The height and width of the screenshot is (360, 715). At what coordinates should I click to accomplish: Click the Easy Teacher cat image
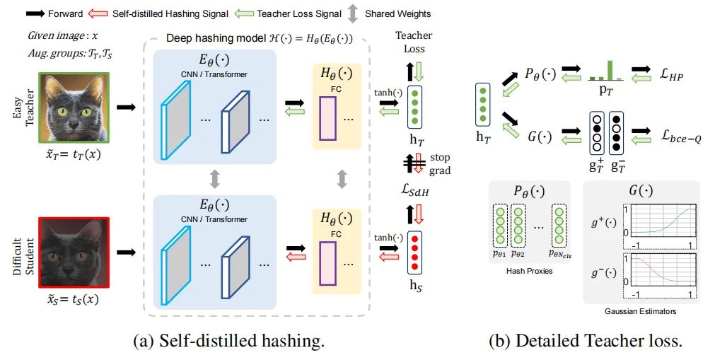click(74, 108)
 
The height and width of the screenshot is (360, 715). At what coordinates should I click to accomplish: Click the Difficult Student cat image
click(74, 252)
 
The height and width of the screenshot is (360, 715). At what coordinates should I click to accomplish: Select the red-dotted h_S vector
click(415, 252)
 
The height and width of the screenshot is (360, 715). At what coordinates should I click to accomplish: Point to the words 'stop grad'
click(440, 164)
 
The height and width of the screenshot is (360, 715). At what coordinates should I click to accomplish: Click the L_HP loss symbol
click(671, 74)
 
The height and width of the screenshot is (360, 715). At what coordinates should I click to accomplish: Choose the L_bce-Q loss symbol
click(681, 136)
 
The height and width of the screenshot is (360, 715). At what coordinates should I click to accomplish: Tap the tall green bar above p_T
click(610, 70)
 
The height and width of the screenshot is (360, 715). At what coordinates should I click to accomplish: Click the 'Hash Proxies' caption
click(529, 271)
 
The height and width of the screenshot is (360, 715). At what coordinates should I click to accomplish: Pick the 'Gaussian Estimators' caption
click(640, 311)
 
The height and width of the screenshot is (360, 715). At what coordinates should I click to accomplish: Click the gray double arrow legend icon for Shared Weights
click(352, 13)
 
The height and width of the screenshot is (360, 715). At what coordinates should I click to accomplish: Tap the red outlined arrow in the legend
click(98, 13)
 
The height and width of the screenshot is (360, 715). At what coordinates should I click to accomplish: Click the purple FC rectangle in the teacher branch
click(327, 119)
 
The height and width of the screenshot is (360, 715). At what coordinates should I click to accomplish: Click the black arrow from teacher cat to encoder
click(127, 108)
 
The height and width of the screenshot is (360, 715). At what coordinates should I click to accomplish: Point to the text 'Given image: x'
click(63, 35)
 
